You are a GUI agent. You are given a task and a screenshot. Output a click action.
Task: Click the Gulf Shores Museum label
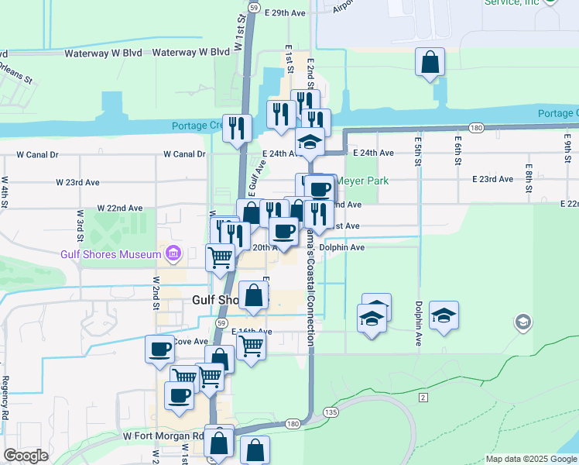[110, 254]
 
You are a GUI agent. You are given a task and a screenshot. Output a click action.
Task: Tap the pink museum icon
[172, 254]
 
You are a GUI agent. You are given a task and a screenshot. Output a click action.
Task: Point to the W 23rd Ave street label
[77, 183]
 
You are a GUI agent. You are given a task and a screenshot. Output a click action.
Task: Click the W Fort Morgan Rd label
[159, 437]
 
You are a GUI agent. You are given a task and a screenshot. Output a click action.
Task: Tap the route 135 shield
[331, 412]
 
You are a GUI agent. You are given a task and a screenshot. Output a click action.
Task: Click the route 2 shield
[423, 398]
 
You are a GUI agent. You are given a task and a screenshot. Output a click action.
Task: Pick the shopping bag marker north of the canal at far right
[430, 63]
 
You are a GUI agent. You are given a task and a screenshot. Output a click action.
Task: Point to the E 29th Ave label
[285, 13]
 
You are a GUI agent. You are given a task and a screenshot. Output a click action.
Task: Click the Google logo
[26, 456]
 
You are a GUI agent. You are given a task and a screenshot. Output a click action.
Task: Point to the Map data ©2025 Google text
[529, 459]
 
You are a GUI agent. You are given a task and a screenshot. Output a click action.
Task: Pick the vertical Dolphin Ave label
[418, 322]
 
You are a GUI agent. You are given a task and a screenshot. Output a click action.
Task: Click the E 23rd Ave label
[493, 179]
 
